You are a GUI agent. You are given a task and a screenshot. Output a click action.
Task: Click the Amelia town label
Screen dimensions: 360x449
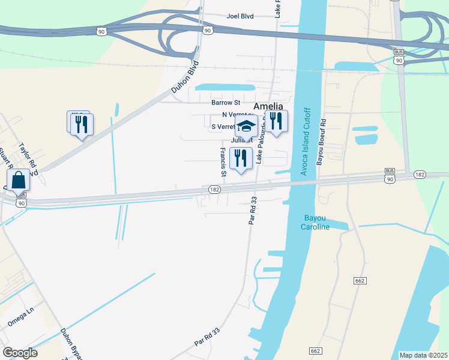(x=268, y=106)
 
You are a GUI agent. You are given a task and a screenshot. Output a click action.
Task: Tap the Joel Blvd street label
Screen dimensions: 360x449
(x=241, y=16)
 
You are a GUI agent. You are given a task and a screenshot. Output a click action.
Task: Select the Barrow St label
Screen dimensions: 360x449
(x=226, y=103)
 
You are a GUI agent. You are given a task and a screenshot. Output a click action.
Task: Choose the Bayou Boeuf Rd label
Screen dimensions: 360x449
(x=322, y=142)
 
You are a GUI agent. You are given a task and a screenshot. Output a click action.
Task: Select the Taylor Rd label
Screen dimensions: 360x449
(x=28, y=155)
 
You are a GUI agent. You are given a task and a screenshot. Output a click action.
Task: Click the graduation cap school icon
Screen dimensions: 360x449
(x=246, y=126)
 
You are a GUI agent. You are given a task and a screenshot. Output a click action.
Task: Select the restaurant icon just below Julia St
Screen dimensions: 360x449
(x=241, y=158)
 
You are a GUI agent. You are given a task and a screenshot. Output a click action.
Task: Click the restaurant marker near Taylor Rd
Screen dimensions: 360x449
(x=82, y=124)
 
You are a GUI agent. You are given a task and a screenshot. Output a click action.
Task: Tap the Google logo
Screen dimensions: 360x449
(x=20, y=352)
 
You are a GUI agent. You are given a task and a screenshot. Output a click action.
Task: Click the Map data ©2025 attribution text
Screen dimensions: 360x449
(x=423, y=355)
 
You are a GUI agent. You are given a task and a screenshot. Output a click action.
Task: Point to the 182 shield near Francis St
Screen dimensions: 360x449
(x=214, y=189)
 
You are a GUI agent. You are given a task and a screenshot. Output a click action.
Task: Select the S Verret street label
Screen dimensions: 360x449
(x=223, y=127)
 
